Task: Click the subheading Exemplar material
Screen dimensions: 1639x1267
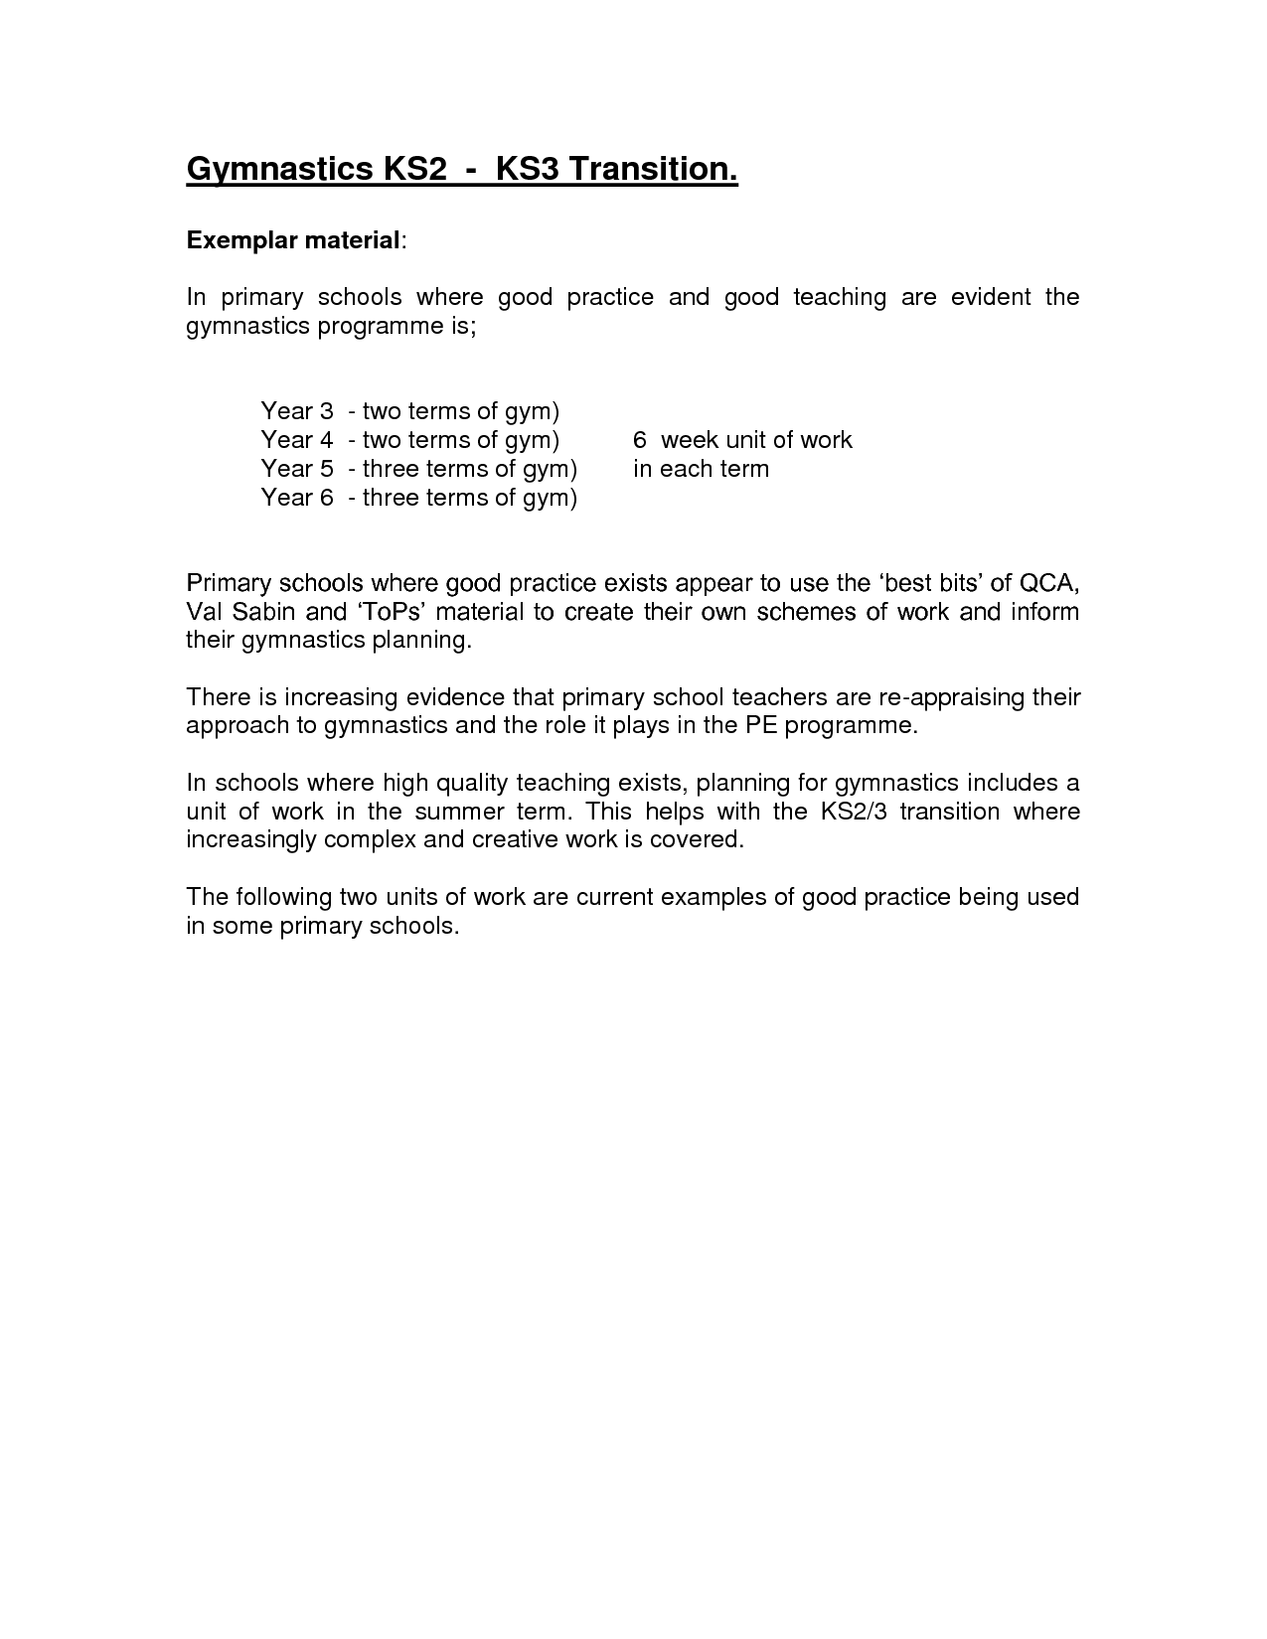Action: [x=293, y=240]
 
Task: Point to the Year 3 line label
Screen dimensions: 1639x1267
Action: [x=295, y=411]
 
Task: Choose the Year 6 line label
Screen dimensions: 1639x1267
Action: [x=295, y=498]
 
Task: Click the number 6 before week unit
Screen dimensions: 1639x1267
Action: [x=640, y=440]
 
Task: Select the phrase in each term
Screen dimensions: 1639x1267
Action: [x=701, y=469]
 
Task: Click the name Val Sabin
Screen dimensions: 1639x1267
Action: [x=241, y=611]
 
